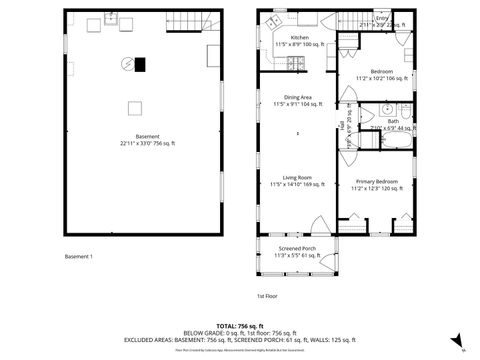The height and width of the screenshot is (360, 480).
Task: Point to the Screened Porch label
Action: [296, 251]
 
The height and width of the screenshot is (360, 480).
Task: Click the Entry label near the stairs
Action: [381, 18]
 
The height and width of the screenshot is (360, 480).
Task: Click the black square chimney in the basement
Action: [141, 64]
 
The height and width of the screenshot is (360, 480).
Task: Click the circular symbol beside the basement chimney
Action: [127, 64]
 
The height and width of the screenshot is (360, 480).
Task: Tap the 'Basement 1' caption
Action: [78, 257]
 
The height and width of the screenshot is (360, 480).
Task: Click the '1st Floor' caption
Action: [268, 296]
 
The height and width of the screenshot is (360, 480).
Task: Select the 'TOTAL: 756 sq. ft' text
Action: [241, 326]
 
